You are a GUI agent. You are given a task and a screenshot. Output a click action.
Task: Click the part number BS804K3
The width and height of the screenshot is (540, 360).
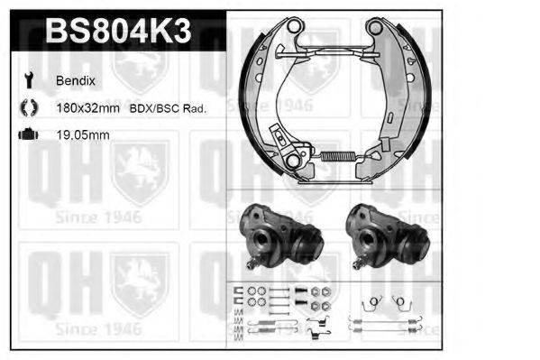coord(117,32)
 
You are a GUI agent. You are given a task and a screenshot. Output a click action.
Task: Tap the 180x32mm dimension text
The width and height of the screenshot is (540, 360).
coord(88,108)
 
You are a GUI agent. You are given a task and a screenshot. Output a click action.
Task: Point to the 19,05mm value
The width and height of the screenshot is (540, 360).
coord(82,135)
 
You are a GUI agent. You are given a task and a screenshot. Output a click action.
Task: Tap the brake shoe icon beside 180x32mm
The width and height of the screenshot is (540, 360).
coord(27,108)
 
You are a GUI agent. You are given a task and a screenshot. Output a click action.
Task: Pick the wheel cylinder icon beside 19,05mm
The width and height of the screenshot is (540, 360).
coord(28,135)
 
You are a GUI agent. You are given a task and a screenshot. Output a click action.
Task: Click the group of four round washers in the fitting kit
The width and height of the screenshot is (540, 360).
coord(256,291)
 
